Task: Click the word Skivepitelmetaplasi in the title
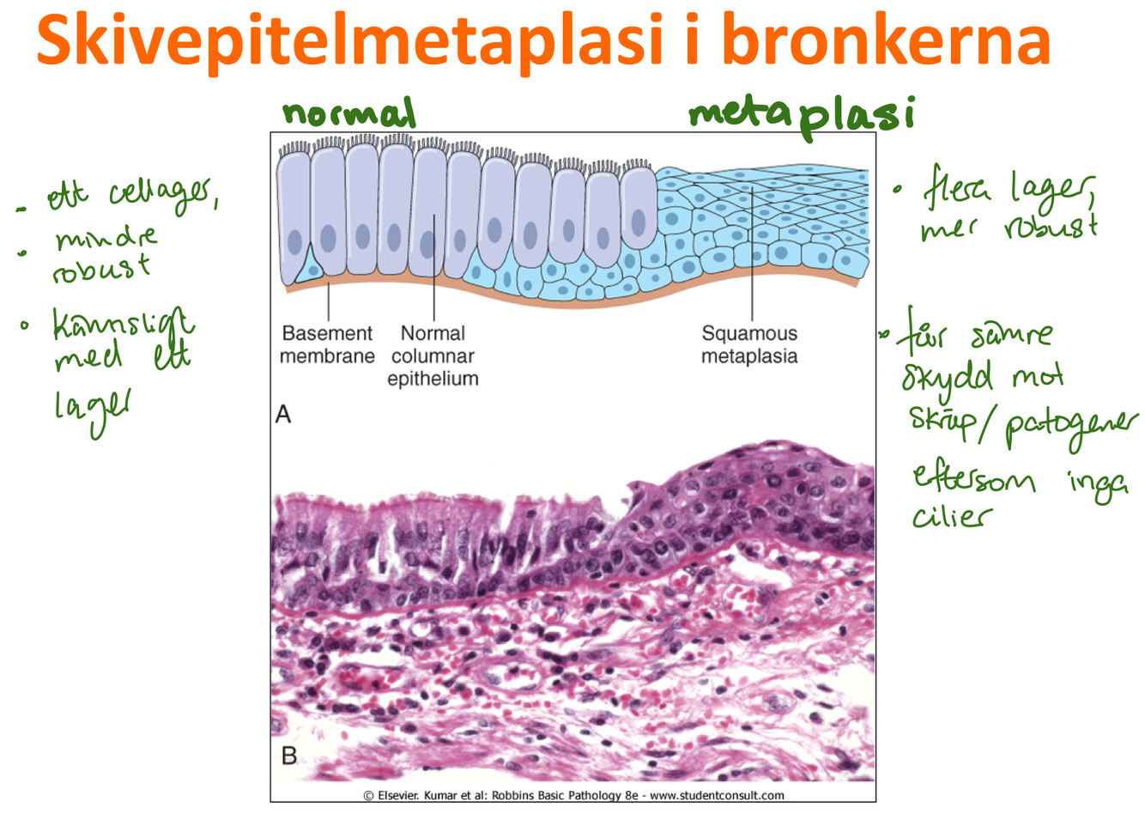coord(350,39)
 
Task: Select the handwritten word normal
coord(348,113)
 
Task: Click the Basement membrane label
coord(327,344)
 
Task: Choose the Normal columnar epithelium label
coord(433,355)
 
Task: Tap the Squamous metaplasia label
coord(749,344)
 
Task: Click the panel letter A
coord(283,415)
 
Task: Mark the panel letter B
coord(289,756)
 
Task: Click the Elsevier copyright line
coord(572,795)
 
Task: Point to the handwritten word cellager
coord(163,194)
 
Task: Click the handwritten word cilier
coord(951,516)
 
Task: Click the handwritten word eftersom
coord(974,477)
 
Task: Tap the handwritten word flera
coord(957,190)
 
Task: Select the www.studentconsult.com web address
coord(717,795)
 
